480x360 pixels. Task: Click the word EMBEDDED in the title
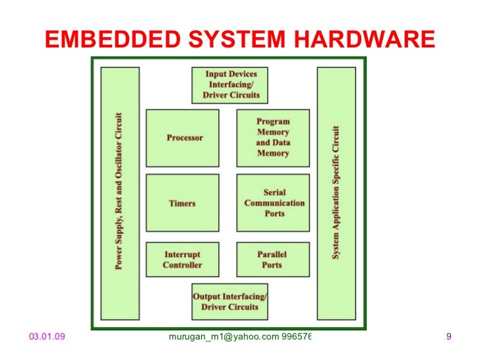click(x=101, y=40)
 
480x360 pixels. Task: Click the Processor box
click(x=183, y=138)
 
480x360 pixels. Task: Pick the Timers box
click(x=183, y=203)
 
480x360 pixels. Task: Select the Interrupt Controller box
click(x=183, y=259)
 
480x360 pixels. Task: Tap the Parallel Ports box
click(x=272, y=259)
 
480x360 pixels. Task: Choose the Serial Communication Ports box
click(x=273, y=203)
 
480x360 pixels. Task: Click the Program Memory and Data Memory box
click(x=273, y=138)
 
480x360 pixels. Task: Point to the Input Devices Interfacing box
click(x=230, y=85)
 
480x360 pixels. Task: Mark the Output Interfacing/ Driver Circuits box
click(x=230, y=301)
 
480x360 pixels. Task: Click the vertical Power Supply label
click(x=119, y=191)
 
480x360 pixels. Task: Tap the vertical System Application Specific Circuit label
click(x=336, y=191)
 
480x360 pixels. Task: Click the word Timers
click(x=182, y=203)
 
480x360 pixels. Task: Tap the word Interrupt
click(x=182, y=254)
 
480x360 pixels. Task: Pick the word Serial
click(x=274, y=192)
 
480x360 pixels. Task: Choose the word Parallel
click(x=272, y=254)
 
